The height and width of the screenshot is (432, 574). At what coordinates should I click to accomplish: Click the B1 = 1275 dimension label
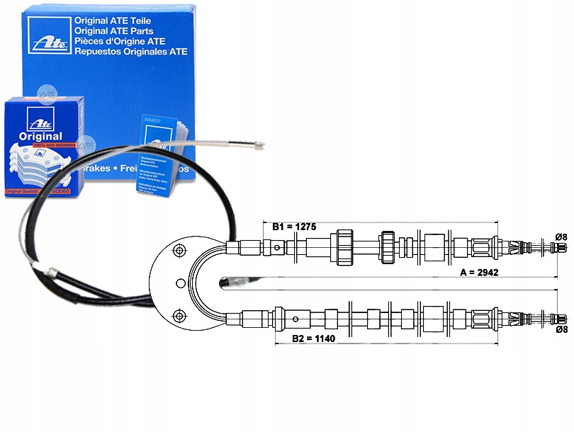(x=294, y=227)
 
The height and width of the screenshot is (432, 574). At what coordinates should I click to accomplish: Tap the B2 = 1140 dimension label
(x=313, y=339)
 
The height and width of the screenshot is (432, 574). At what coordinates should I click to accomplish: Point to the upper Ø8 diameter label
(x=561, y=236)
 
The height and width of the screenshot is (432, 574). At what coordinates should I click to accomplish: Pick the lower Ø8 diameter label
(x=561, y=329)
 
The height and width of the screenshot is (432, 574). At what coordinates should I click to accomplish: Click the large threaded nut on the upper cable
(x=345, y=247)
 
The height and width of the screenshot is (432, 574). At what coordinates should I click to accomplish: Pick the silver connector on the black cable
(x=53, y=272)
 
